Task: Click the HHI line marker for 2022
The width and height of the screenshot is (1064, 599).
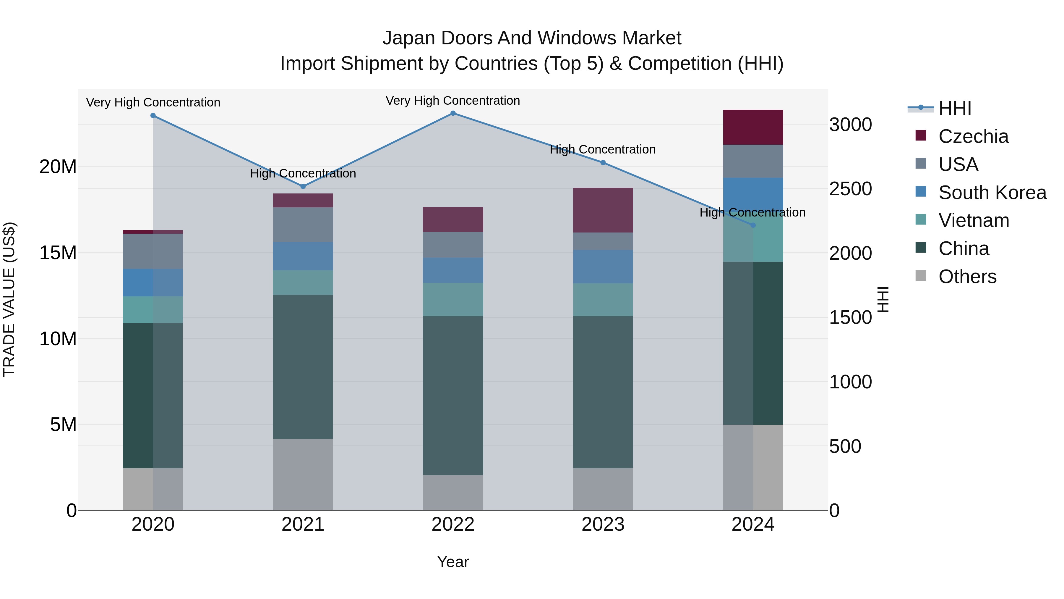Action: (453, 113)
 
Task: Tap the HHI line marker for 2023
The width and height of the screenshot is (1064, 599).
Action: (603, 163)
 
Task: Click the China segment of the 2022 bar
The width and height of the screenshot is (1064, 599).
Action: (453, 395)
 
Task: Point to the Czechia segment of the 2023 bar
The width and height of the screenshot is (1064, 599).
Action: (603, 210)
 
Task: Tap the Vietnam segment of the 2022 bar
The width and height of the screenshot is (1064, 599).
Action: (453, 299)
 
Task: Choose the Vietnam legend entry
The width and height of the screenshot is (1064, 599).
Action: (973, 220)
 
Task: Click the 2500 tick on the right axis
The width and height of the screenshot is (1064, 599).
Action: (850, 189)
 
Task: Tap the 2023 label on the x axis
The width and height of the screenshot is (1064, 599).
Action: (603, 524)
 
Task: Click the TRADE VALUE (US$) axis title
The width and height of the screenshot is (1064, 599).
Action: (9, 299)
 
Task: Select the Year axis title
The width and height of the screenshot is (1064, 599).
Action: (453, 562)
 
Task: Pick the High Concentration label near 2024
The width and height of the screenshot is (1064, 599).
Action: (752, 212)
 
